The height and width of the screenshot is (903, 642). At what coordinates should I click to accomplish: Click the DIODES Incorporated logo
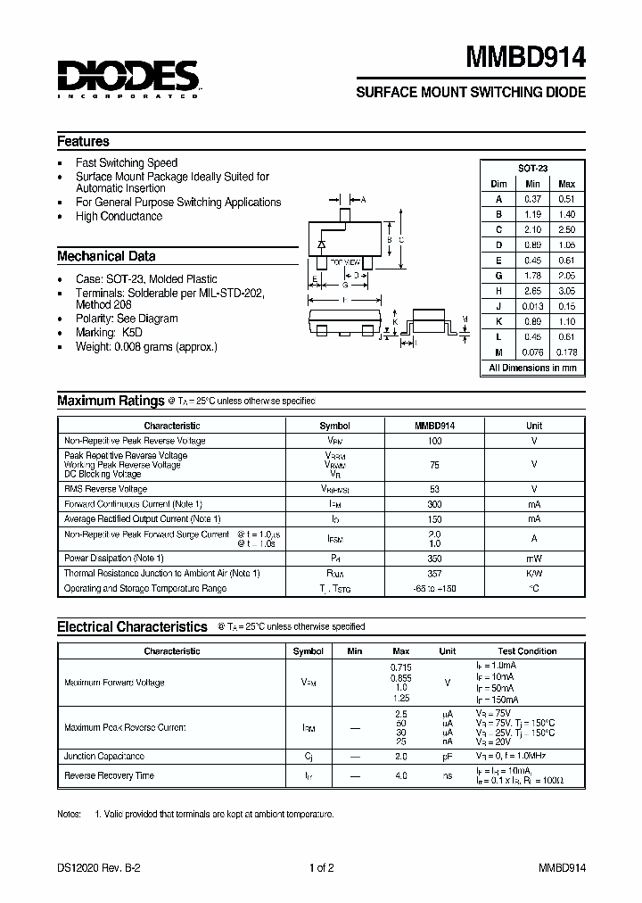[x=128, y=77]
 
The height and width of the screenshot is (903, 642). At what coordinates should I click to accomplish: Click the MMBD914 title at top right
[x=526, y=58]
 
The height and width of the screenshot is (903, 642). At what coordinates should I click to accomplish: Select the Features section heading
[x=83, y=141]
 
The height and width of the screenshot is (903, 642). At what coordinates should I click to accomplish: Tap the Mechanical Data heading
[x=106, y=256]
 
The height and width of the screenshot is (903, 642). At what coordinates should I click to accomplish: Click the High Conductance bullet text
[x=119, y=216]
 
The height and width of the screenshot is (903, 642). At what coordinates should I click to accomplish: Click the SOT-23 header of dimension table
[x=532, y=168]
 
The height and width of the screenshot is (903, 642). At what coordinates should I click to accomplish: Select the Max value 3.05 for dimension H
[x=566, y=291]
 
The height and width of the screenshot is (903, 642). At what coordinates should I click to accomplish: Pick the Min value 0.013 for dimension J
[x=532, y=306]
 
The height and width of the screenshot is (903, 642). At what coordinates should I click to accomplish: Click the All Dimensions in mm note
[x=532, y=368]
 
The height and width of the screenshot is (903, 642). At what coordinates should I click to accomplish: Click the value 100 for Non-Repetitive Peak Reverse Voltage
[x=434, y=441]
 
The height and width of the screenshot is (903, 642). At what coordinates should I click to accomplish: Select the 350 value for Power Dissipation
[x=434, y=558]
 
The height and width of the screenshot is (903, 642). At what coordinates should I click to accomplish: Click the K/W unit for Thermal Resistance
[x=533, y=573]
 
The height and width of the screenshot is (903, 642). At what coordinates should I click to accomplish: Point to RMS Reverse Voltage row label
[x=106, y=489]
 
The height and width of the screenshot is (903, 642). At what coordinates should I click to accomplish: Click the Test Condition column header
[x=527, y=651]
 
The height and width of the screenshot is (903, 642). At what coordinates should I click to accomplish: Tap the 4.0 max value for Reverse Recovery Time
[x=400, y=775]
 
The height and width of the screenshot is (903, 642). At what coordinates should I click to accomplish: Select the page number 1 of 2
[x=321, y=867]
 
